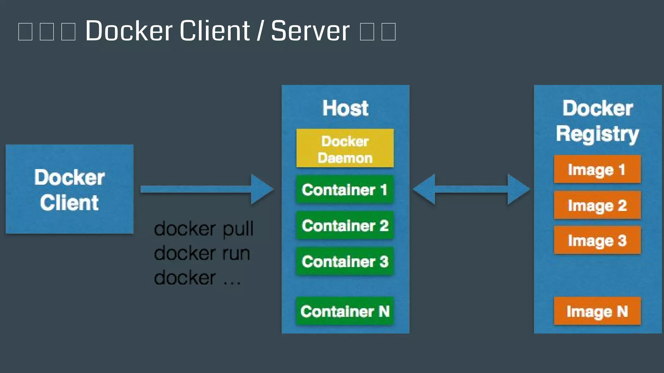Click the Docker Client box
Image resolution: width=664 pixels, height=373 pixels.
(x=69, y=189)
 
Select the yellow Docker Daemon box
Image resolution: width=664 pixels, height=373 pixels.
(x=345, y=148)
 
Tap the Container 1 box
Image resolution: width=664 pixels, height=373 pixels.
(x=345, y=190)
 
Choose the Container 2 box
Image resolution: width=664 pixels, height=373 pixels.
(x=345, y=225)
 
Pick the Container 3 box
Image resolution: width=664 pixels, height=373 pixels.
(x=345, y=261)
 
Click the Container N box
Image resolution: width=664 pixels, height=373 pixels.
(x=345, y=311)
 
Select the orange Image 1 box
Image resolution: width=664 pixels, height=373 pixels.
(x=597, y=169)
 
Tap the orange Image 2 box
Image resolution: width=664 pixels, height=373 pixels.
(x=597, y=205)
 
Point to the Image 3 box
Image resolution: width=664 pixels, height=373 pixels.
(x=597, y=240)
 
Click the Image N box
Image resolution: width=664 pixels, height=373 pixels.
(x=597, y=311)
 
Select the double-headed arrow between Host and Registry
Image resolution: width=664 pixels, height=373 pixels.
(x=471, y=189)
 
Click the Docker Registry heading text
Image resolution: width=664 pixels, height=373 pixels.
(x=598, y=121)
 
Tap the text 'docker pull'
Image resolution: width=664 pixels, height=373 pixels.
(x=204, y=229)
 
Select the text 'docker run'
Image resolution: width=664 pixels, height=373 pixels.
(x=202, y=253)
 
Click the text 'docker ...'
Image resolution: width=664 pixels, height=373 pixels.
(x=197, y=278)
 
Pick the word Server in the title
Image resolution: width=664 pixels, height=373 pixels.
(x=310, y=31)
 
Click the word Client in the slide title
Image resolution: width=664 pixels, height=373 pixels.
(x=215, y=31)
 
